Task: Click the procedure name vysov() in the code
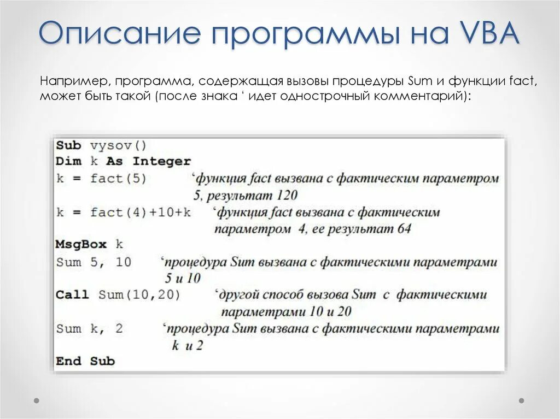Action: pos(119,146)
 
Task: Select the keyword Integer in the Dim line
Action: pos(162,162)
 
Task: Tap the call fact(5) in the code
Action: pos(119,179)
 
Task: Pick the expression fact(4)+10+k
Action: pos(141,212)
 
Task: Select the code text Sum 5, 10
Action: pos(94,262)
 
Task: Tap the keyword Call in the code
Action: pos(72,295)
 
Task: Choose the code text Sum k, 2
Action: pos(90,329)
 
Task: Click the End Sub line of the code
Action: pos(85,361)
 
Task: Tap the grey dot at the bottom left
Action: pos(37,400)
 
